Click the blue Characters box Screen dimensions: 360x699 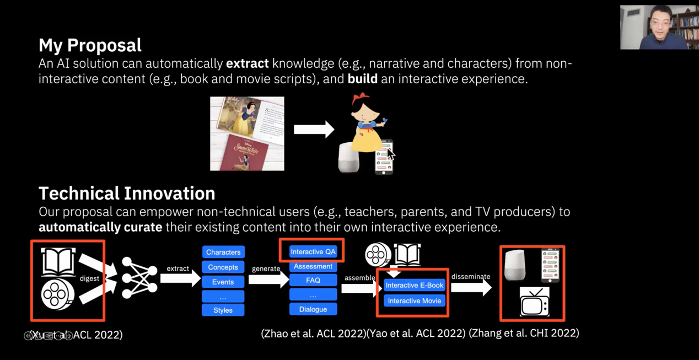coord(223,252)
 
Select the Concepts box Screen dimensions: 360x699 coord(223,267)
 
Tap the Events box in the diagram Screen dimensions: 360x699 coord(223,282)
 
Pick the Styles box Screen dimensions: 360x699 coord(223,310)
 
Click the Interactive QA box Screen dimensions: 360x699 coord(313,251)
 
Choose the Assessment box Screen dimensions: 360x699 coord(313,266)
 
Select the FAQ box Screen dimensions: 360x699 coord(313,280)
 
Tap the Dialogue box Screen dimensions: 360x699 coord(313,309)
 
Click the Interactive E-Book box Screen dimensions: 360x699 coord(414,285)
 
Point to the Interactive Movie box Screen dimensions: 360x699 coord(414,300)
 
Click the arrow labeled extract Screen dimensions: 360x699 coord(180,278)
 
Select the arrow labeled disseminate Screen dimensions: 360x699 coord(470,287)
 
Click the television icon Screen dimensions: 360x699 coord(534,302)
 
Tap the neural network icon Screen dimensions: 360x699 coord(139,277)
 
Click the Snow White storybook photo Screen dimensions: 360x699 coord(247,133)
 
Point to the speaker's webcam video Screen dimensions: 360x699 coord(659,27)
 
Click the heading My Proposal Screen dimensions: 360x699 coord(90,45)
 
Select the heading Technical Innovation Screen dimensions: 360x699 coord(127,194)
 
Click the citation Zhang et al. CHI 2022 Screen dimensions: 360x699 coord(524,332)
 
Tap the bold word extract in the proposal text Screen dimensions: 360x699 coord(247,63)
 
